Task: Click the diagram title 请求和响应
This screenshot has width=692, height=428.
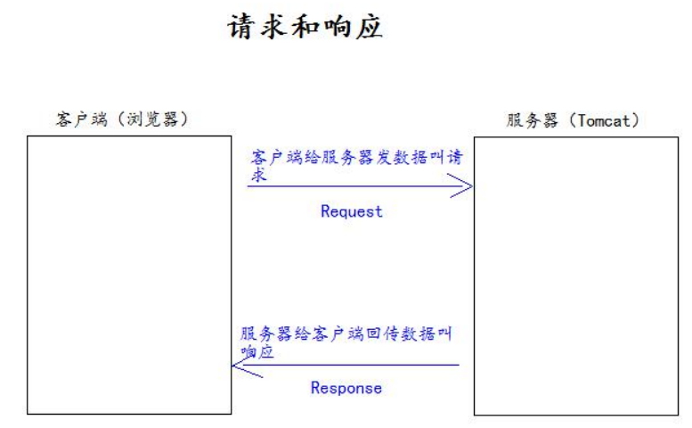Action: point(305,27)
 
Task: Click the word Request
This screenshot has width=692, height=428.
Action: point(351,211)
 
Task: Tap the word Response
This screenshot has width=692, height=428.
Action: point(346,388)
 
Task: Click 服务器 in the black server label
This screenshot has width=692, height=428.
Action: point(532,120)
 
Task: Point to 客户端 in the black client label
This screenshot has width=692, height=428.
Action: point(82,119)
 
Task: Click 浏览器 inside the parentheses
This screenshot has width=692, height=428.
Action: point(152,119)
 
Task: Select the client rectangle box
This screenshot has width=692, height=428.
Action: point(28,275)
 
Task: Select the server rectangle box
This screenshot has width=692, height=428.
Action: point(475,276)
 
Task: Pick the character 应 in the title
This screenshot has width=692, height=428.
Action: point(369,27)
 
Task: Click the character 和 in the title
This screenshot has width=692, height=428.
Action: point(305,27)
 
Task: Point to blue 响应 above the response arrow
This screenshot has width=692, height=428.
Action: point(257,351)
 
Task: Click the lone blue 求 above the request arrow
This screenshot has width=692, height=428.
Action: point(259,175)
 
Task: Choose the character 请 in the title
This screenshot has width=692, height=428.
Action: point(242,27)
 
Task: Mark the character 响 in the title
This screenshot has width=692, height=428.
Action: point(338,27)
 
